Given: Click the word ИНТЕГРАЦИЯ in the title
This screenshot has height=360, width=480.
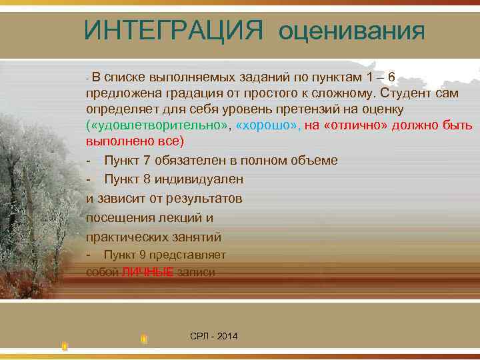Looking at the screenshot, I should click(175, 30).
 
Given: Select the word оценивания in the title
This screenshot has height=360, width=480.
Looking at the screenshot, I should click(351, 31).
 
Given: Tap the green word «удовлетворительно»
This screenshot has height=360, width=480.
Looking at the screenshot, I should click(159, 125).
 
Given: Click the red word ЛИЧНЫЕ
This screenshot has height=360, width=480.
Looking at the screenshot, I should click(148, 272).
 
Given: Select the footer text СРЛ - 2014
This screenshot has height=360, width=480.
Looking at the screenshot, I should click(213, 336).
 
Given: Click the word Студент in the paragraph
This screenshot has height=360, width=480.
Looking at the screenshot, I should click(404, 93).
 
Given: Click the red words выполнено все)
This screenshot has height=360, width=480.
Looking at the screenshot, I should click(134, 142).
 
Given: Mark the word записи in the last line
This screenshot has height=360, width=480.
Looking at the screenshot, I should click(196, 272).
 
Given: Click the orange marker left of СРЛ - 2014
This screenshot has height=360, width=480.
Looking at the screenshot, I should click(144, 339).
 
